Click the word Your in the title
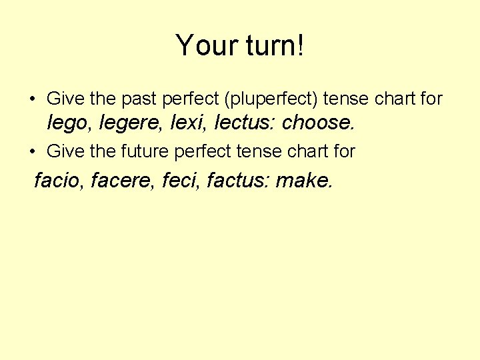[x=201, y=46]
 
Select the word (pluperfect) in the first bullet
[x=272, y=99]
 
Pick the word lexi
[x=187, y=123]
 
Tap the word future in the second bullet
[x=145, y=151]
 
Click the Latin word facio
[x=57, y=179]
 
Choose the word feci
[x=182, y=179]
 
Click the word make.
[x=303, y=179]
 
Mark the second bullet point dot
[x=33, y=152]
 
